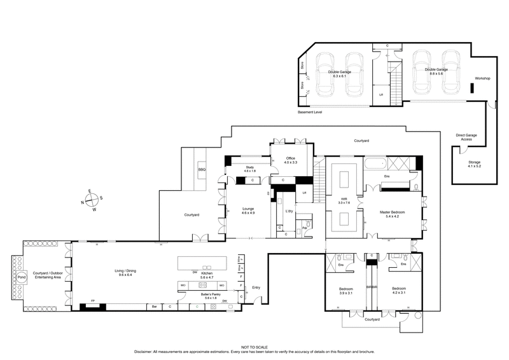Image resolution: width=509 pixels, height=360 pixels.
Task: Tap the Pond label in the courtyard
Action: pos(22,277)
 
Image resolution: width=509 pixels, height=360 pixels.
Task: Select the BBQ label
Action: pos(202,170)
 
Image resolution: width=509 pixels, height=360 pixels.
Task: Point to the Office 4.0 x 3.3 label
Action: pos(290,160)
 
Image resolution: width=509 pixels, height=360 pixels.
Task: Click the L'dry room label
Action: pos(288,211)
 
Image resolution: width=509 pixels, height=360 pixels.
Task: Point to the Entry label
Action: pos(256,287)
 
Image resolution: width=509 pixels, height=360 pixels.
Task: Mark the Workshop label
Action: pos(482,78)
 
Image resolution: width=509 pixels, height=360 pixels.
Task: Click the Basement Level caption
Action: pos(310,112)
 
